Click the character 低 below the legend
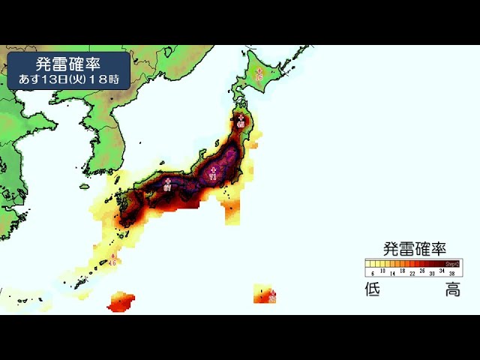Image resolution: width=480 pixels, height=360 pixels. point(373,289)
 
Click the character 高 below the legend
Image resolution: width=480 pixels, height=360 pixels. point(453,289)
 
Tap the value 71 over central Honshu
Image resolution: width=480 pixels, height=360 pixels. point(213,178)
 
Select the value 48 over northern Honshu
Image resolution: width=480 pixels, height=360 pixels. point(240,124)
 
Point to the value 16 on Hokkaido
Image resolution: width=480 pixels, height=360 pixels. point(259,77)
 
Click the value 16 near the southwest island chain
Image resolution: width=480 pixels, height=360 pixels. point(112,263)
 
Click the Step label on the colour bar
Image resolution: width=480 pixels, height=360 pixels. point(452,264)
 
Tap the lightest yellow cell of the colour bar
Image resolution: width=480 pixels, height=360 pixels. point(369,264)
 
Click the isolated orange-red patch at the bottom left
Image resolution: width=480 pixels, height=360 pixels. point(122,303)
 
